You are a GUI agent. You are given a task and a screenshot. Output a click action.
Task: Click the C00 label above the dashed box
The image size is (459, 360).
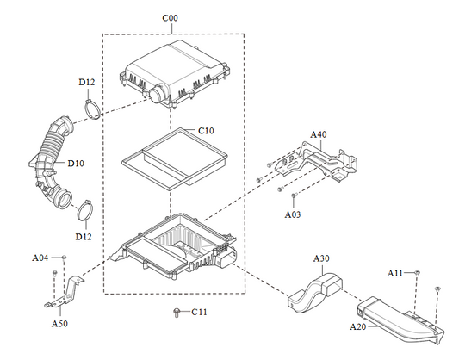pyautogui.click(x=172, y=17)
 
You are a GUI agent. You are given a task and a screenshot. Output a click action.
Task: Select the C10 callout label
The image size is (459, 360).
pyautogui.click(x=206, y=130)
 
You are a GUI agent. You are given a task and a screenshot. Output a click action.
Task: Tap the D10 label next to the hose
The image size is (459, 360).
pyautogui.click(x=76, y=163)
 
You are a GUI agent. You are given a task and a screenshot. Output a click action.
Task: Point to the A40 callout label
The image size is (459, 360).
pyautogui.click(x=319, y=134)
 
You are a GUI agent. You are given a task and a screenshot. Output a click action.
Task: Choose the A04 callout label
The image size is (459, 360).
pyautogui.click(x=40, y=258)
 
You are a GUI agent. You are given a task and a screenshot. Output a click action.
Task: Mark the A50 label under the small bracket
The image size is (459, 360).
pyautogui.click(x=59, y=324)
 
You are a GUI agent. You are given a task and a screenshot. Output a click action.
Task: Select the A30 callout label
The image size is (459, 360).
pyautogui.click(x=321, y=258)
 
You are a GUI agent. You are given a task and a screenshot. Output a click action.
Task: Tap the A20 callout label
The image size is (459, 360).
pyautogui.click(x=358, y=327)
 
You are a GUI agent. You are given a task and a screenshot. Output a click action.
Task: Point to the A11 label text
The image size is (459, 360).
pyautogui.click(x=394, y=273)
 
